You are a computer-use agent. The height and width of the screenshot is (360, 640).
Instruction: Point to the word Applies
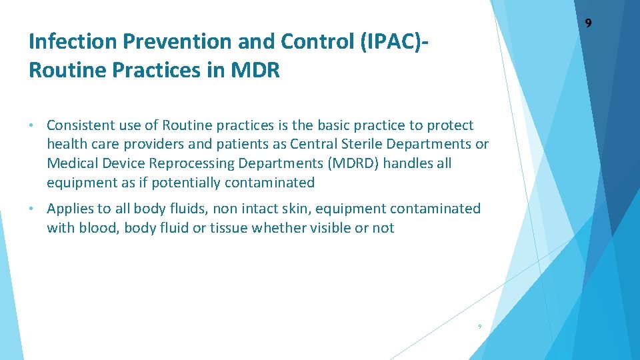tap(69, 209)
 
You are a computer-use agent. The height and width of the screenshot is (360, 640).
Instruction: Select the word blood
tap(97, 228)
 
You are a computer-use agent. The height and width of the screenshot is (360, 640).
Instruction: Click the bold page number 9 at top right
tap(588, 24)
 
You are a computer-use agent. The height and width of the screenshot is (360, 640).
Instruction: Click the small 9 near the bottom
tap(479, 326)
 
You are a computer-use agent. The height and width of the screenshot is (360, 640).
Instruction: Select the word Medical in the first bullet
tap(72, 163)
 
